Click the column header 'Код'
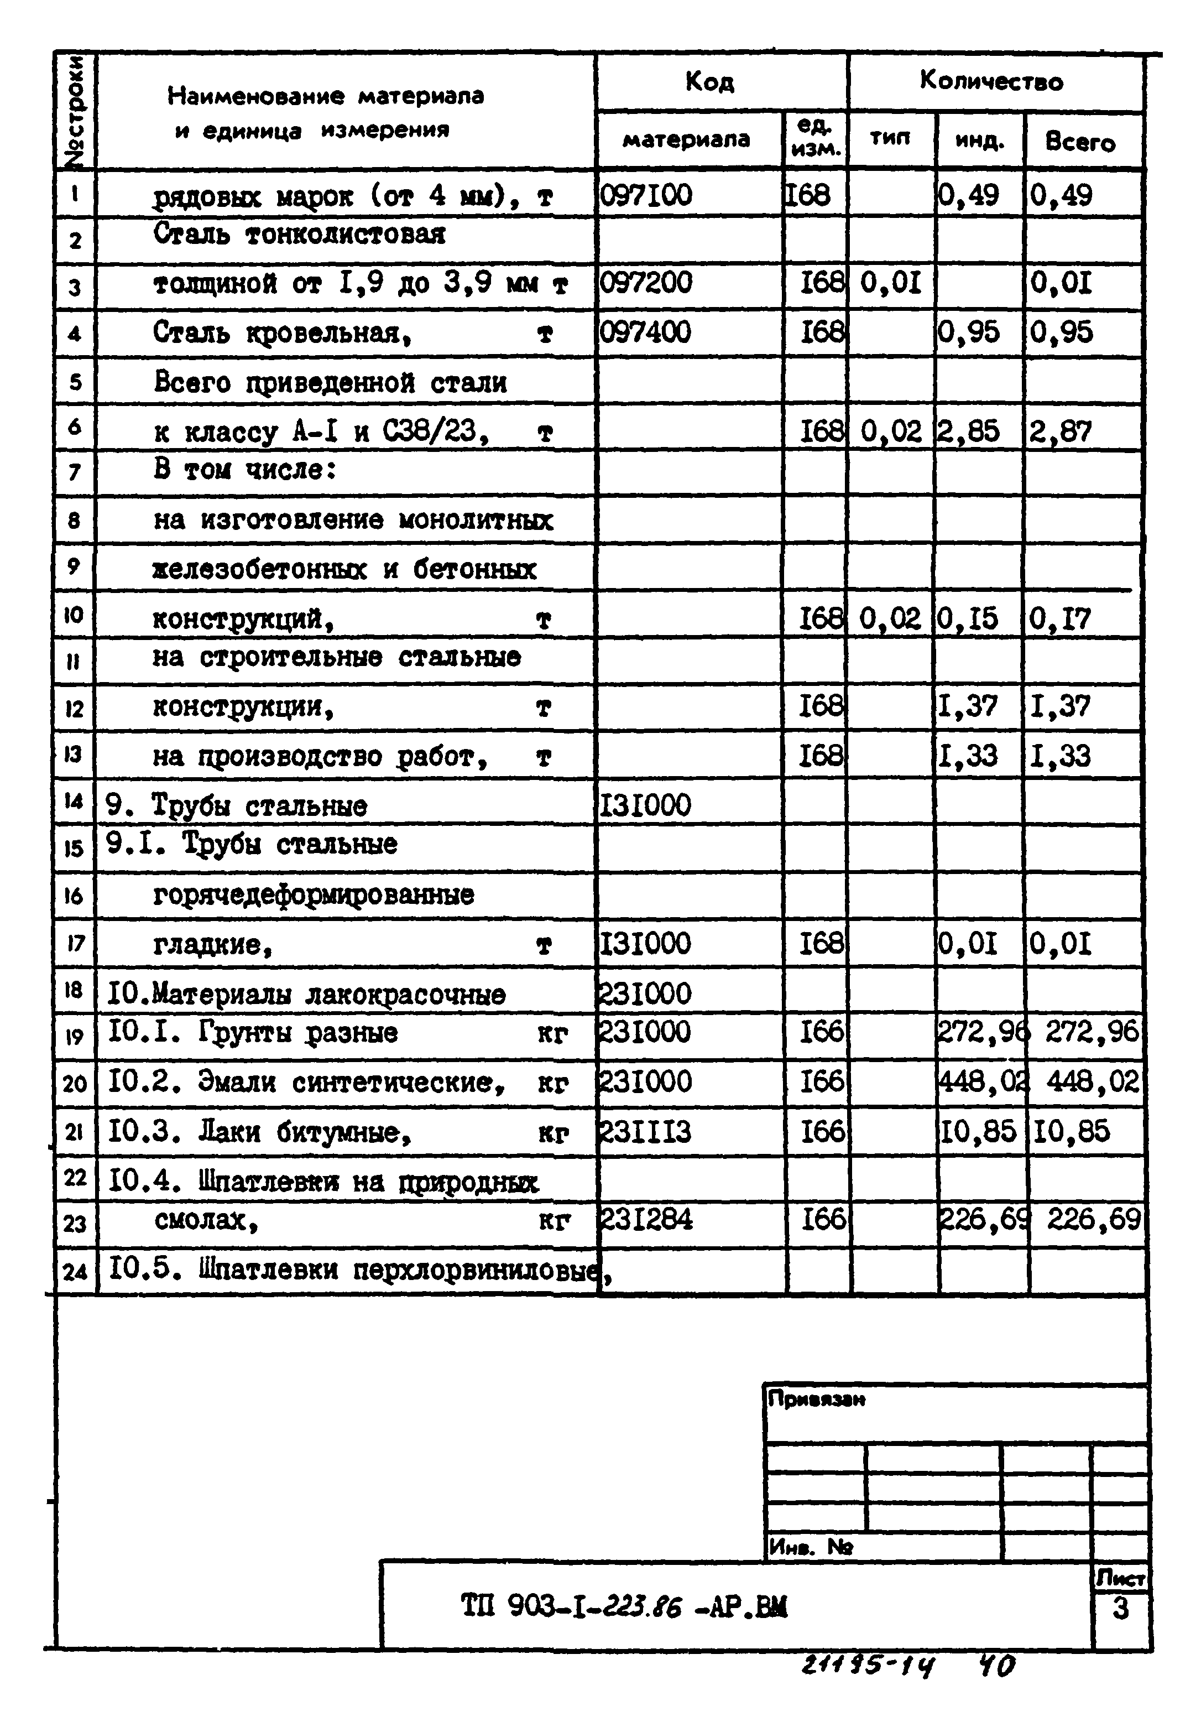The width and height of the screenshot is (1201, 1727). [x=709, y=82]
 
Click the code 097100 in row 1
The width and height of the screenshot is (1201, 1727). [x=646, y=196]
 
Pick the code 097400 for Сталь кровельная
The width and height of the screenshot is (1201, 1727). [x=645, y=332]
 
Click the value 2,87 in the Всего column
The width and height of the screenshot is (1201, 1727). [x=1059, y=431]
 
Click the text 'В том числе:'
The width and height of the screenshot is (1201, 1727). [x=244, y=470]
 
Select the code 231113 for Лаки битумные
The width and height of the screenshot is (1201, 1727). [x=645, y=1132]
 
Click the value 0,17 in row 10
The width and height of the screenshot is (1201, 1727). [x=1059, y=619]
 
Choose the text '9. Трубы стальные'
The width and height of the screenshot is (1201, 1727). [x=236, y=805]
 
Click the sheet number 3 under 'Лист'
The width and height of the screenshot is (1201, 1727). [x=1120, y=1608]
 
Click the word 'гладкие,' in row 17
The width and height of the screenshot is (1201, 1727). [x=212, y=944]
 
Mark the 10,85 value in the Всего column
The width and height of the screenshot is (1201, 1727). [x=1071, y=1132]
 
